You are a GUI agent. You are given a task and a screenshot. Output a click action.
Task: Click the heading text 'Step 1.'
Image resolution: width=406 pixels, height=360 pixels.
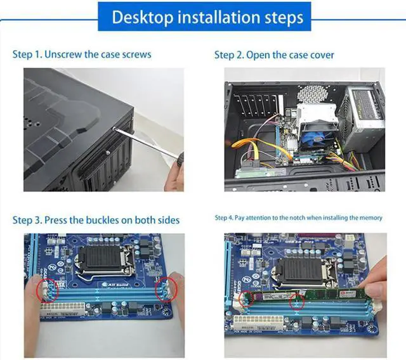(x=27, y=54)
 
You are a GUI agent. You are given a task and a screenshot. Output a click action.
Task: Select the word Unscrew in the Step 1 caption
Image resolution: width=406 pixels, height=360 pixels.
(x=65, y=54)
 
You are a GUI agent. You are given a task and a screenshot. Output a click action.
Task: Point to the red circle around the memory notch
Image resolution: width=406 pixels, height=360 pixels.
(x=296, y=302)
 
